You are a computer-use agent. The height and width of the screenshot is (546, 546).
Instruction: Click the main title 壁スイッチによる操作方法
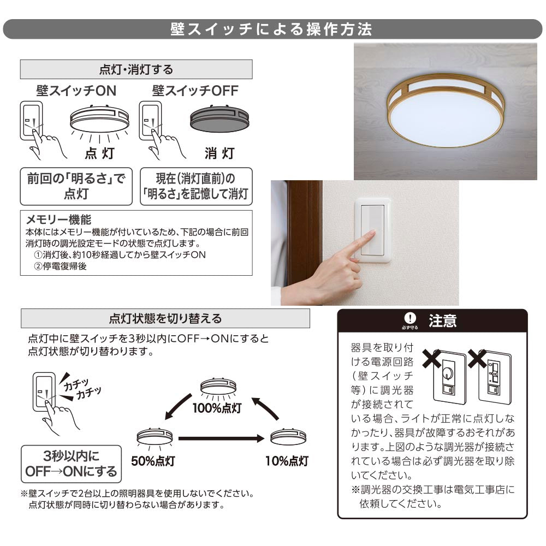[271, 29]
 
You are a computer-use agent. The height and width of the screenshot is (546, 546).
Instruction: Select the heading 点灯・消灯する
[136, 69]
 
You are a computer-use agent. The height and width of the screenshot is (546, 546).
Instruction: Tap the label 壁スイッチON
[76, 91]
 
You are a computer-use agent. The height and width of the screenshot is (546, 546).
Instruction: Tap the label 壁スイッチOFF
[195, 91]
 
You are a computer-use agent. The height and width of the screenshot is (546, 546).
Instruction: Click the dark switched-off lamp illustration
[219, 118]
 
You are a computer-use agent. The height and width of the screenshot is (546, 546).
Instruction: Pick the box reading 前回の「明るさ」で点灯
[76, 186]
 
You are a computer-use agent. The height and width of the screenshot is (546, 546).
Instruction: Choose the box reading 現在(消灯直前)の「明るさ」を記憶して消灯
[196, 186]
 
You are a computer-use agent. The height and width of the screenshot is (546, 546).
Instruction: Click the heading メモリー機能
[58, 219]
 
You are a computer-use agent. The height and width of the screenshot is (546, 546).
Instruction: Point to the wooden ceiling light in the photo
[446, 110]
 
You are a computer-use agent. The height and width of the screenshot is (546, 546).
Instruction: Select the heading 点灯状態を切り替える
[165, 318]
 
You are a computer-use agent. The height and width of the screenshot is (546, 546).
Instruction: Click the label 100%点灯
[217, 408]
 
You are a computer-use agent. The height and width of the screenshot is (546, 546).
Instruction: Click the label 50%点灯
[153, 461]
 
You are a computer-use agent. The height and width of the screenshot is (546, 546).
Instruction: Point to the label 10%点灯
[287, 461]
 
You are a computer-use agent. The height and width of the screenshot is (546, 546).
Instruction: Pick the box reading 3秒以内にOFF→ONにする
[71, 464]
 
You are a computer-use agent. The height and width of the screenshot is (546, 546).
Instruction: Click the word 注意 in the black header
[442, 321]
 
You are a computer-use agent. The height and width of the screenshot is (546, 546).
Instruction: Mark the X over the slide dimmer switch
[477, 359]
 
